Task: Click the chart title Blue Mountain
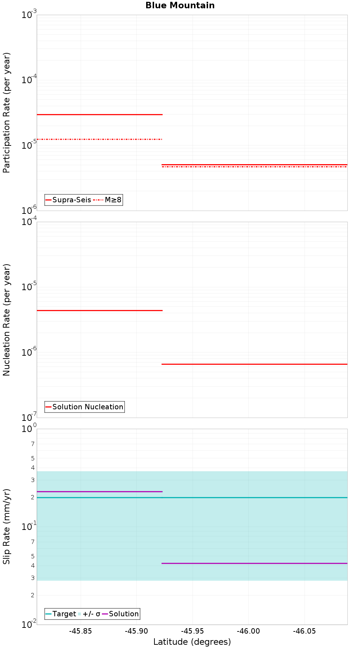pos(180,5)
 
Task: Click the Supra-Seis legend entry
pos(71,200)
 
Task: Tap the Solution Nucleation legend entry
pos(87,407)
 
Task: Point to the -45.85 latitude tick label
pos(81,631)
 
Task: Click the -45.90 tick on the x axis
pos(136,631)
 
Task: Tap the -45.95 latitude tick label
pos(193,631)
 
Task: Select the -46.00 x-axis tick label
pos(249,631)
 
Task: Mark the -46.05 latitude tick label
pos(305,631)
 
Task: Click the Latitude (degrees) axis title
pos(192,642)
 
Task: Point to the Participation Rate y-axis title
pos(7,113)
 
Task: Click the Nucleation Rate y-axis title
pos(7,320)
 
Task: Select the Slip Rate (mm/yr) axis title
pos(7,526)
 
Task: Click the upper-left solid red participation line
pos(99,114)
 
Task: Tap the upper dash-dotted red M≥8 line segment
pos(99,139)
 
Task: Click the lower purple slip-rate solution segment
pos(254,563)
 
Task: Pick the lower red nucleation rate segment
pos(254,364)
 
